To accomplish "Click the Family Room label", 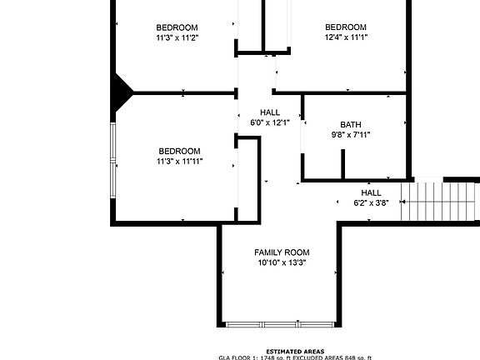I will click(x=282, y=252).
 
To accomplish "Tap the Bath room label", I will click(x=351, y=124).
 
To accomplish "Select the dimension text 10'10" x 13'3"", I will click(x=282, y=263).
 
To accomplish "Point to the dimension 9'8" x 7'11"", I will click(x=351, y=134).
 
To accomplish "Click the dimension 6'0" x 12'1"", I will click(x=270, y=122).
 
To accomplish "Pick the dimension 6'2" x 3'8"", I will click(x=371, y=202).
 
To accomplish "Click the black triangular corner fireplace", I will click(x=122, y=89).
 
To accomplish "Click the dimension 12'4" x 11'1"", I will click(x=346, y=37).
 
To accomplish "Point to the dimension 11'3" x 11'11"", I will click(x=179, y=162).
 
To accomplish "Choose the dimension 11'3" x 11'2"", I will click(x=177, y=37).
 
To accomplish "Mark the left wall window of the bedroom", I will click(x=113, y=164).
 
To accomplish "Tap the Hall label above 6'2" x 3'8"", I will click(x=371, y=192).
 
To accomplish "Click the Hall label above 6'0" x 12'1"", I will click(x=270, y=112).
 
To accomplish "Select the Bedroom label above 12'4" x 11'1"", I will click(x=346, y=27).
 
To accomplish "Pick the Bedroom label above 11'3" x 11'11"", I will click(x=179, y=151).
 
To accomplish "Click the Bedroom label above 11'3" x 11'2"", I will click(x=177, y=27).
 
